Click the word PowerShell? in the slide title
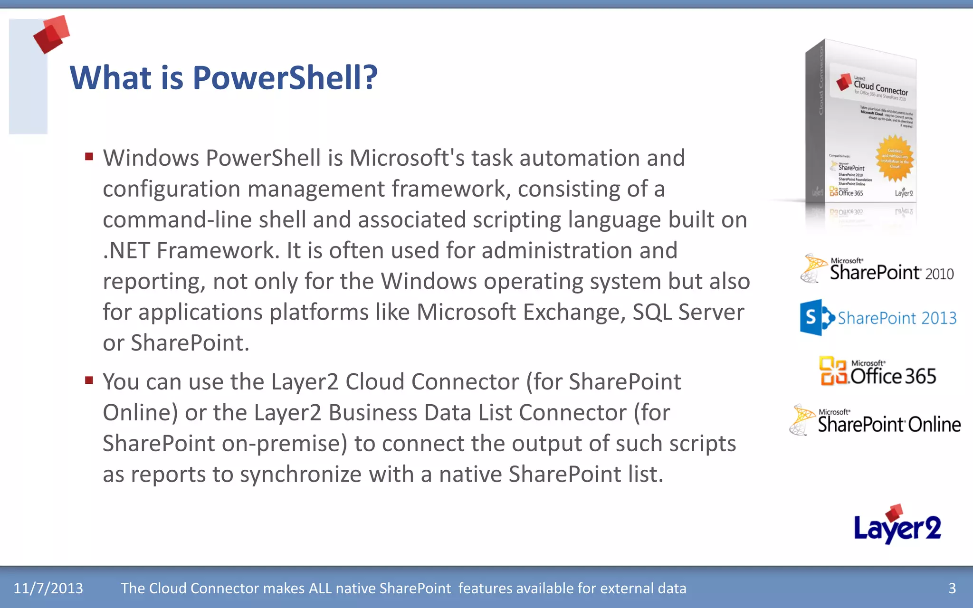click(285, 78)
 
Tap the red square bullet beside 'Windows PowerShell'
click(89, 156)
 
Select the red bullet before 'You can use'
click(89, 380)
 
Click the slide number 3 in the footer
click(952, 588)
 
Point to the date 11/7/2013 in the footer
click(48, 588)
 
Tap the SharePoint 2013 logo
click(878, 317)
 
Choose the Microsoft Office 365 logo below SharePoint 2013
click(878, 371)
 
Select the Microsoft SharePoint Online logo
click(875, 421)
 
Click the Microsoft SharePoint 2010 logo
click(877, 269)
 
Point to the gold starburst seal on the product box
click(895, 159)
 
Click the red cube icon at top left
click(51, 34)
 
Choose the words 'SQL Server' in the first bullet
click(688, 313)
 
